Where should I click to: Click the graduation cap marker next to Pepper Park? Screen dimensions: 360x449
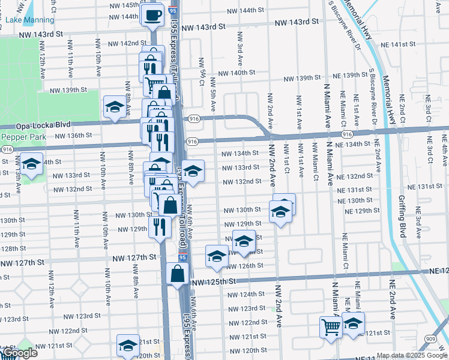tap(31, 163)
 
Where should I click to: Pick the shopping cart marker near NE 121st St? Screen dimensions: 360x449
tap(330, 326)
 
